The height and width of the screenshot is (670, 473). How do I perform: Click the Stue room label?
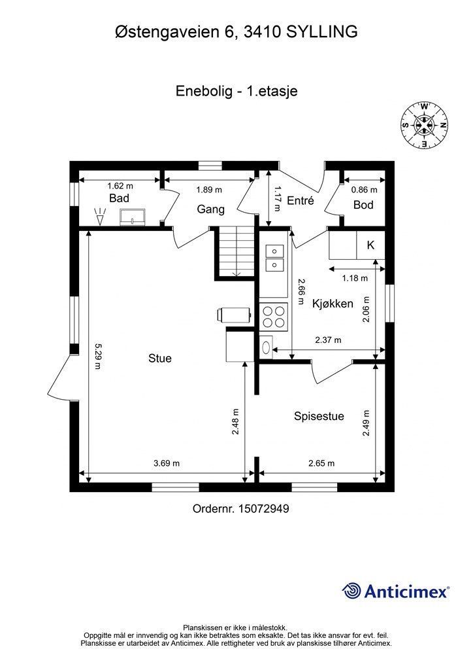pyautogui.click(x=159, y=358)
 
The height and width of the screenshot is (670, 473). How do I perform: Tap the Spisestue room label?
pyautogui.click(x=319, y=416)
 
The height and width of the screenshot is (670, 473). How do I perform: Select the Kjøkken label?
pyautogui.click(x=333, y=304)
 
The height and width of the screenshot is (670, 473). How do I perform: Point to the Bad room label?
pyautogui.click(x=119, y=198)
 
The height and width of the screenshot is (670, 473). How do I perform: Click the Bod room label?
pyautogui.click(x=363, y=205)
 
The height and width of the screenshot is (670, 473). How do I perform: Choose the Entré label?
pyautogui.click(x=301, y=201)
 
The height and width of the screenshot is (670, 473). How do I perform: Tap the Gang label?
pyautogui.click(x=211, y=209)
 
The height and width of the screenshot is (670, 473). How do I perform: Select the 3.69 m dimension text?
pyautogui.click(x=167, y=463)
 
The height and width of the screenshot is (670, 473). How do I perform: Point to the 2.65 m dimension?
pyautogui.click(x=321, y=463)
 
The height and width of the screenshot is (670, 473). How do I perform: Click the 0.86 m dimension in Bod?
pyautogui.click(x=365, y=190)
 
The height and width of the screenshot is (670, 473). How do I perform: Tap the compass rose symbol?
pyautogui.click(x=424, y=124)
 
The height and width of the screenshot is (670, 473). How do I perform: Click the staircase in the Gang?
pyautogui.click(x=234, y=253)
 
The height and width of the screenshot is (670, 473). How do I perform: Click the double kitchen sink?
pyautogui.click(x=274, y=257)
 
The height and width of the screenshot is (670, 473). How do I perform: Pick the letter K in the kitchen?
pyautogui.click(x=370, y=245)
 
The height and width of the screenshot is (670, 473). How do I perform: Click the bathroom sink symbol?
pyautogui.click(x=136, y=217)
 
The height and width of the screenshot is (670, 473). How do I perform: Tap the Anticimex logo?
pyautogui.click(x=396, y=591)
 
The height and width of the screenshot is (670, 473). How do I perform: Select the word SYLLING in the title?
pyautogui.click(x=322, y=31)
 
